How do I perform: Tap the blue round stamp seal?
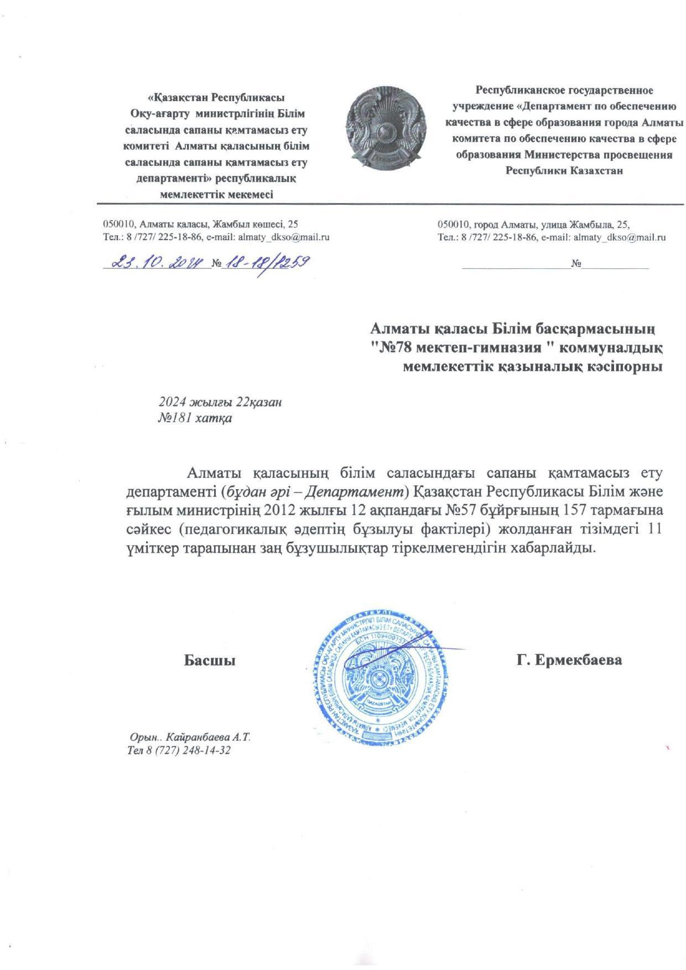point(380,680)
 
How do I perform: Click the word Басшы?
point(210,660)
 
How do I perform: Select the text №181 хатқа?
point(195,418)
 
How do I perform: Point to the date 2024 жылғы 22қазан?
point(220,402)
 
